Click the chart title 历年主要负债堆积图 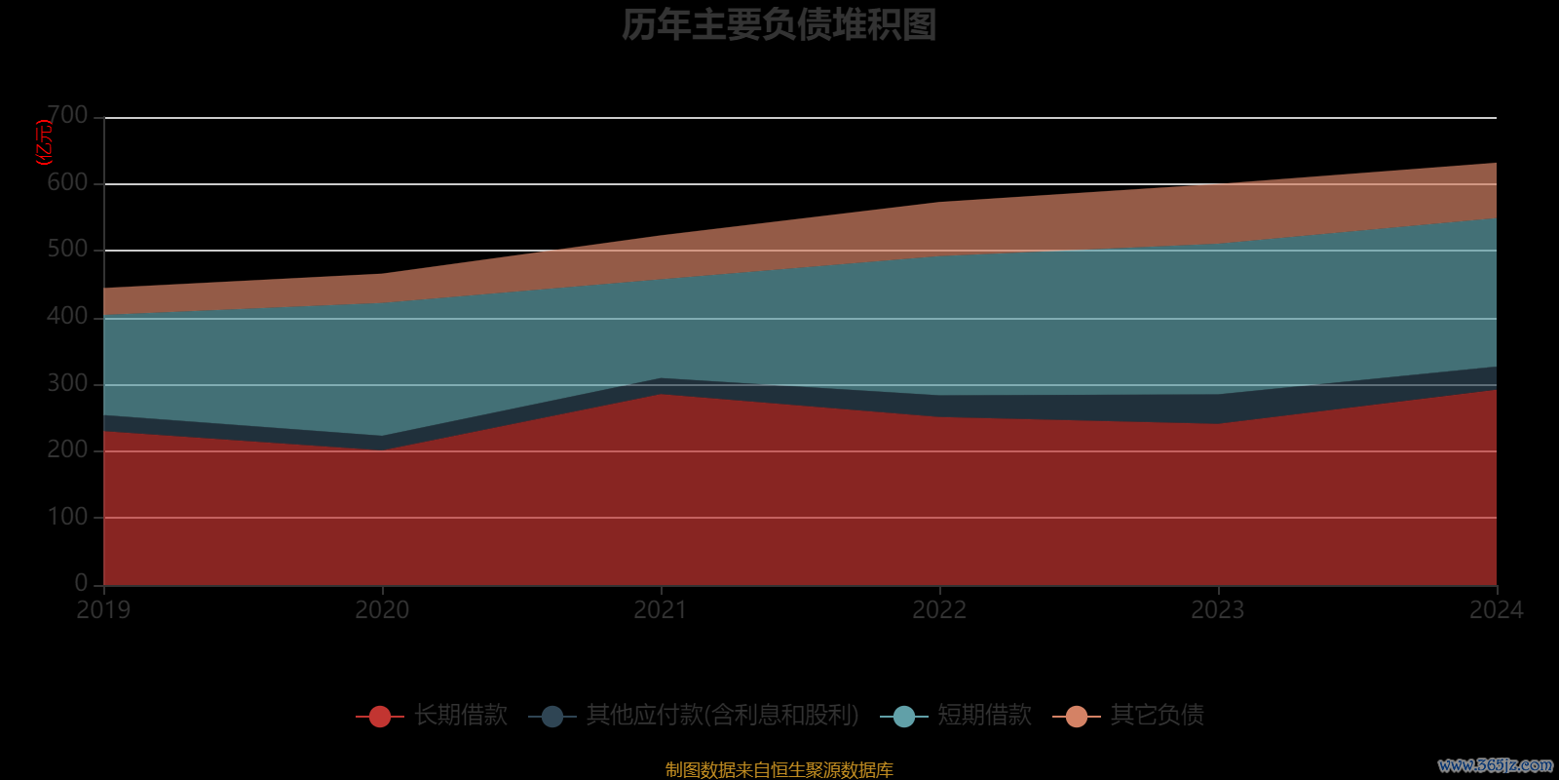coord(779,25)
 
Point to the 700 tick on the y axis coord(67,116)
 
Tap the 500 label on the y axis coord(67,250)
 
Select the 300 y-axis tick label coord(67,383)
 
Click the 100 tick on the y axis coord(67,517)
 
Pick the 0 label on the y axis coord(81,583)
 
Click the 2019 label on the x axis coord(103,610)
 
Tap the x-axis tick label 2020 coord(382,610)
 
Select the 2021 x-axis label coord(661,610)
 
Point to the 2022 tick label coord(939,610)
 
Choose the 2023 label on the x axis coord(1218,610)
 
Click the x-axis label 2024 coord(1496,610)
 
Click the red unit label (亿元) coord(44,142)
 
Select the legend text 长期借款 coord(461,716)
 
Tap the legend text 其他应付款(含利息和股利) coord(722,716)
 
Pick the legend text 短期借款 coord(984,716)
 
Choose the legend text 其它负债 coord(1157,716)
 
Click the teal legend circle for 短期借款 coord(903,717)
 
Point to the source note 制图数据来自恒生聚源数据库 coord(779,770)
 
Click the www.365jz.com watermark coord(1496,765)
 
